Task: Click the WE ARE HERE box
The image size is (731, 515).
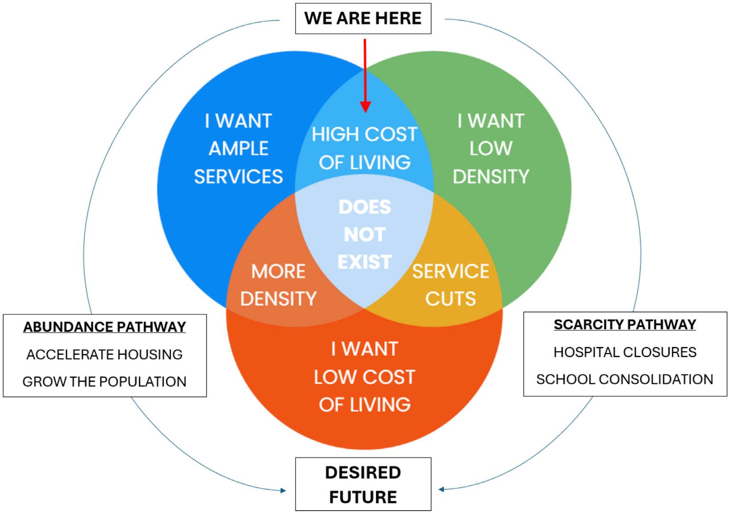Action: click(x=363, y=18)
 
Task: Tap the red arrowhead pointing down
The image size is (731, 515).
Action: click(x=365, y=106)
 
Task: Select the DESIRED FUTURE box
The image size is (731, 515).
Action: click(x=363, y=484)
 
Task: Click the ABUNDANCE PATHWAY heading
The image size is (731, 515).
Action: click(x=104, y=327)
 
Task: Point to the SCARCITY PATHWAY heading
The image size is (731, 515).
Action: click(x=625, y=325)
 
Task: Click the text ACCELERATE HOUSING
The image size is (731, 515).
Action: click(x=104, y=354)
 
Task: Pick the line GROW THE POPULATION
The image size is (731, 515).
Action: click(x=104, y=382)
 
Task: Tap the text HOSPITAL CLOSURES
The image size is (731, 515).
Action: click(x=625, y=352)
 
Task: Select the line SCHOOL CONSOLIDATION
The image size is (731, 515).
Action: click(x=625, y=379)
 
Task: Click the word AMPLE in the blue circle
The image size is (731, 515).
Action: click(x=238, y=149)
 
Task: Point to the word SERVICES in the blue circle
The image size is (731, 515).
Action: click(x=238, y=177)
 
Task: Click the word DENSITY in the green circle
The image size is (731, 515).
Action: click(x=491, y=177)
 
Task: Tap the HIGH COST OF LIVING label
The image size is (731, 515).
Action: click(x=365, y=149)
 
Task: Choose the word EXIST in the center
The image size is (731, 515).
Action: click(x=365, y=262)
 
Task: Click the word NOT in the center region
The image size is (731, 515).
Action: click(x=365, y=234)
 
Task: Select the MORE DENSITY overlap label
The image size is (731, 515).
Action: click(x=278, y=285)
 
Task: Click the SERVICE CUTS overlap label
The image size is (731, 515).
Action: click(x=450, y=285)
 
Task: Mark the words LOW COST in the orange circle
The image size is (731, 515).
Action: click(x=365, y=377)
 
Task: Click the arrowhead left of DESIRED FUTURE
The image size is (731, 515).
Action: click(x=283, y=491)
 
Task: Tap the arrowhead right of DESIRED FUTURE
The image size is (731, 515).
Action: click(x=442, y=489)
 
